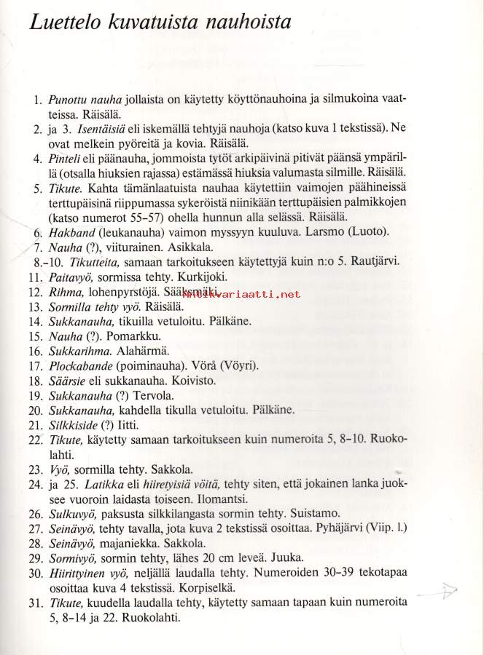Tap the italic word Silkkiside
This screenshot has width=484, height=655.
[x=76, y=424]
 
